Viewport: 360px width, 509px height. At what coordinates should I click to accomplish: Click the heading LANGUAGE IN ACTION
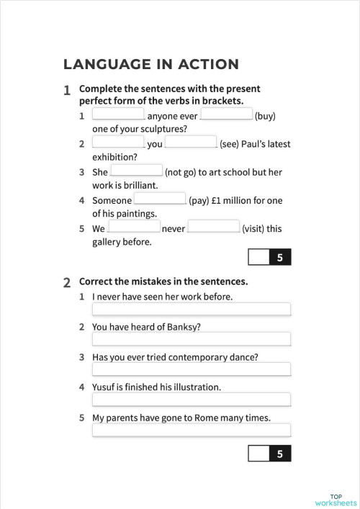pyautogui.click(x=151, y=64)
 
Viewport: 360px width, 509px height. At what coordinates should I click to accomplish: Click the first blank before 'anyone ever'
pyautogui.click(x=119, y=115)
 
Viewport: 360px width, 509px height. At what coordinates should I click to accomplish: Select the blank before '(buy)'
pyautogui.click(x=226, y=115)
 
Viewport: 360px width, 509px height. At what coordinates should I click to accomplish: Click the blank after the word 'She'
pyautogui.click(x=136, y=171)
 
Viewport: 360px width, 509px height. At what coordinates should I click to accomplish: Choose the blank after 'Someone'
pyautogui.click(x=160, y=199)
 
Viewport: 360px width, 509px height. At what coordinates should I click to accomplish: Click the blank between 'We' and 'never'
pyautogui.click(x=134, y=228)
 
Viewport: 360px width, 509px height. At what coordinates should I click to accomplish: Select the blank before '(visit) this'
pyautogui.click(x=214, y=228)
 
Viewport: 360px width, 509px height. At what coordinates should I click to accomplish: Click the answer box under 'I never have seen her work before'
pyautogui.click(x=191, y=310)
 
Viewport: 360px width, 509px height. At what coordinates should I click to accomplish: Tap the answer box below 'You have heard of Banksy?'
pyautogui.click(x=191, y=339)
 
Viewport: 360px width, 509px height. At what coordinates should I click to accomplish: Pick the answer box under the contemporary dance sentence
pyautogui.click(x=191, y=369)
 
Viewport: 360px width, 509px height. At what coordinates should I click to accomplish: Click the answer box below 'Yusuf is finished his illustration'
pyautogui.click(x=191, y=400)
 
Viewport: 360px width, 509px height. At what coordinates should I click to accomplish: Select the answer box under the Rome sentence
pyautogui.click(x=191, y=430)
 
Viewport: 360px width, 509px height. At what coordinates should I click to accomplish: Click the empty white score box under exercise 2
pyautogui.click(x=258, y=454)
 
